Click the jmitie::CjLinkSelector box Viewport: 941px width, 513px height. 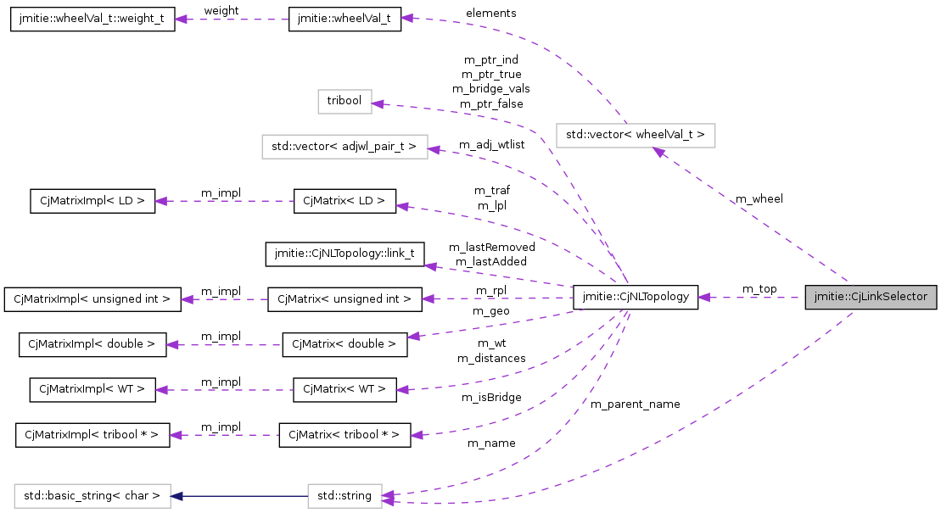(871, 298)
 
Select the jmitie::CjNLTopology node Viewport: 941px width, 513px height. (636, 298)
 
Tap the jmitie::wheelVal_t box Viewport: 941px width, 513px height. (344, 19)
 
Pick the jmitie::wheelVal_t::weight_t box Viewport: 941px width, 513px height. (92, 19)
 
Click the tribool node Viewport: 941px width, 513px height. (344, 101)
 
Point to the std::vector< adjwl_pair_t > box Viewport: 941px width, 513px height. (344, 147)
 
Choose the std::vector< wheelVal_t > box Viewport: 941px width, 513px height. (636, 136)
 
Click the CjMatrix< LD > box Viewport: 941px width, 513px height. (344, 201)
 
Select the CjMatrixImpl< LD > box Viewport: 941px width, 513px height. (92, 201)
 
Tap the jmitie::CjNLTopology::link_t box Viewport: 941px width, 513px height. (344, 253)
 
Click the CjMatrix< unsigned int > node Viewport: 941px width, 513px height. (344, 298)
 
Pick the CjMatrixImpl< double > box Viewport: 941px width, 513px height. (92, 344)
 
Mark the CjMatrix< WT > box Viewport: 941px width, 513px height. (344, 390)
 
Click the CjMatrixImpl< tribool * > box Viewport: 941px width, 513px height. (92, 436)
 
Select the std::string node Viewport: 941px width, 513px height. (344, 495)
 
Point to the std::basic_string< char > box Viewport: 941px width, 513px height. (92, 495)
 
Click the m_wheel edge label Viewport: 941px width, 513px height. (759, 199)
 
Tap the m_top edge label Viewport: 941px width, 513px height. (759, 289)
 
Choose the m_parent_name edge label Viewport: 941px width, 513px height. (635, 404)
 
